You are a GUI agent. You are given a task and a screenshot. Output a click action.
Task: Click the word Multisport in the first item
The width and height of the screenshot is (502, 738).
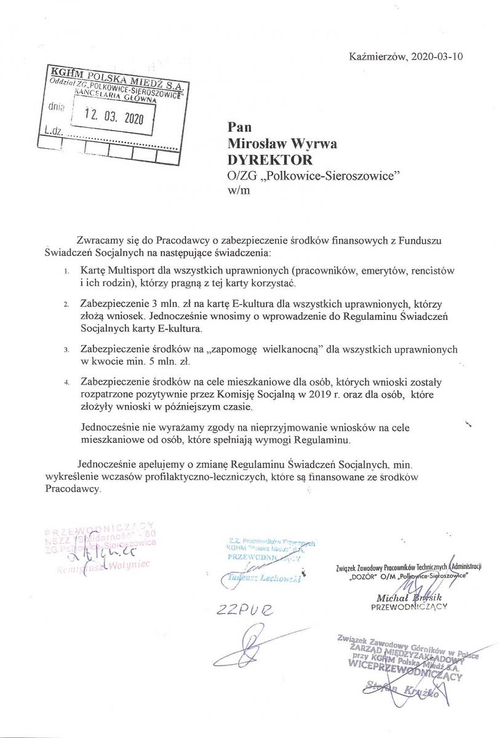pos(131,271)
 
